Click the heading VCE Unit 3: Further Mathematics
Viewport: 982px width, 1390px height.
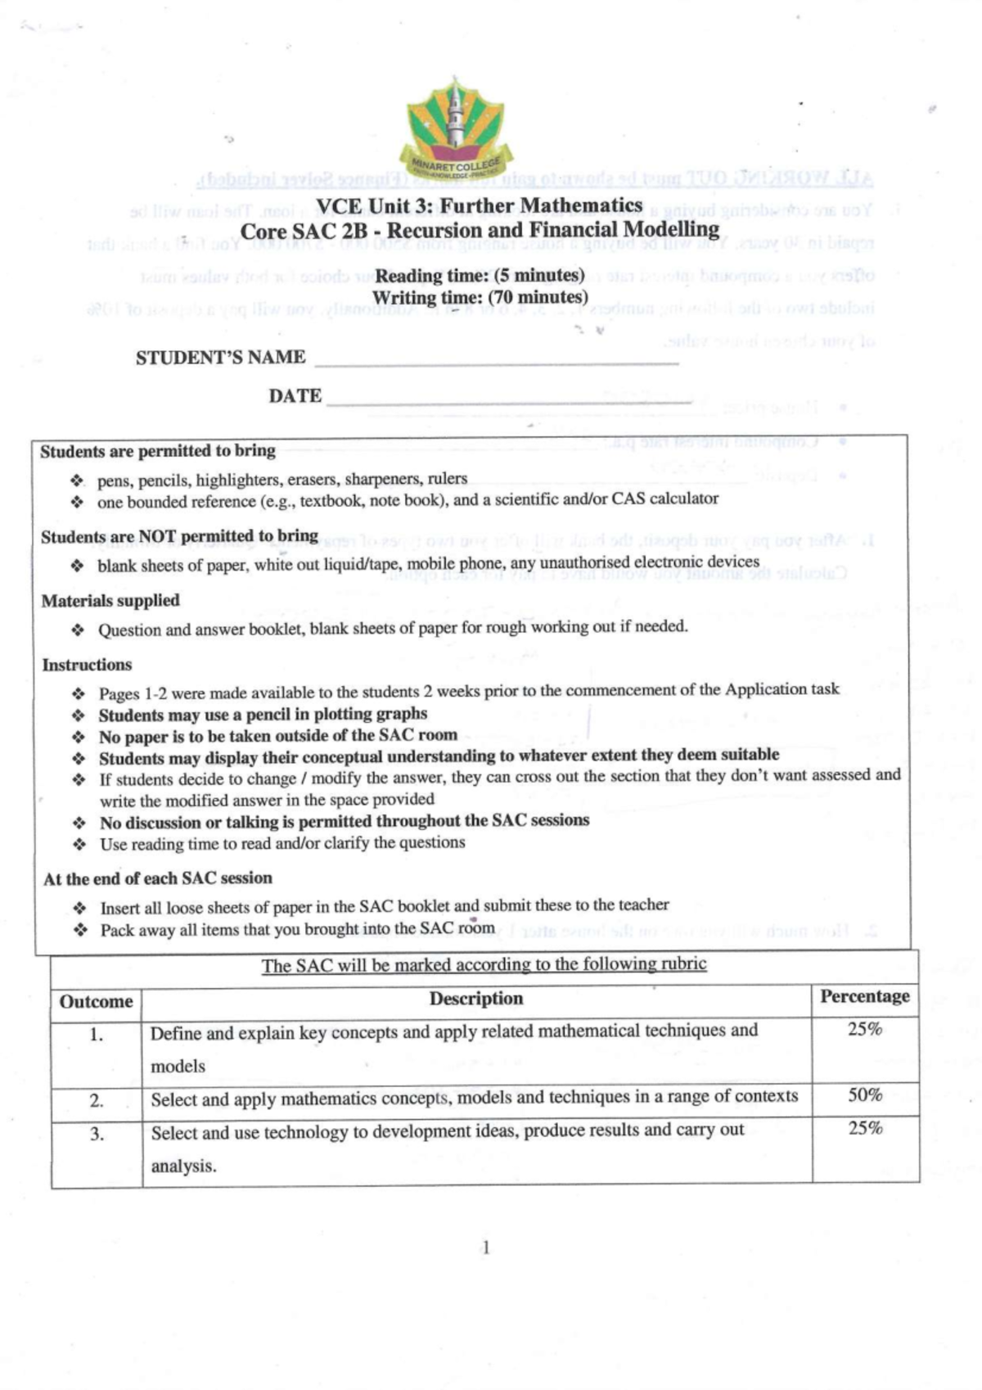point(480,205)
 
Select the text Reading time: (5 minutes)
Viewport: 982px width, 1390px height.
point(480,275)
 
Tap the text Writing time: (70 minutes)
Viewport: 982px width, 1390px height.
point(480,297)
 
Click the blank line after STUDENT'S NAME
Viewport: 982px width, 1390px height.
point(496,361)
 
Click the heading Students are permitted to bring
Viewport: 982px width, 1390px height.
point(158,451)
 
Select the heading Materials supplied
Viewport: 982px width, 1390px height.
point(110,601)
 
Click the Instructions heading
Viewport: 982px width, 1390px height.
point(87,665)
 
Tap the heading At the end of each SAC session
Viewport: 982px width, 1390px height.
point(158,878)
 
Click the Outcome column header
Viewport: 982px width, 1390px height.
point(96,1002)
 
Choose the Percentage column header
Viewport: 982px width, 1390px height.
point(865,996)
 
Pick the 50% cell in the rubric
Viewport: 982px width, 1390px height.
point(865,1095)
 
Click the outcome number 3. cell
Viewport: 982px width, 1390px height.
point(97,1135)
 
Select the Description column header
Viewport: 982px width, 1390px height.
point(476,999)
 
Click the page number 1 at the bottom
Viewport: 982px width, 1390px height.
point(486,1248)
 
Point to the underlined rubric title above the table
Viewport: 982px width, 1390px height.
point(484,964)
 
